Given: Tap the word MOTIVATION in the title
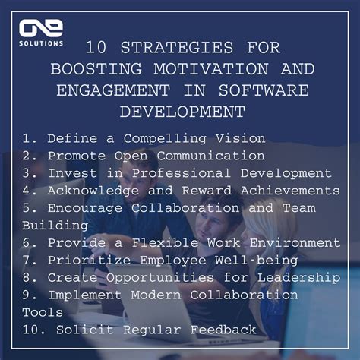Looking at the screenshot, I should click(195, 68).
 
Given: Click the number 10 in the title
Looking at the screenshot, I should click(96, 47).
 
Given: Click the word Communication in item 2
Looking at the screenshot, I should click(213, 156).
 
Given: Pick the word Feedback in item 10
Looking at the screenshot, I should click(223, 330).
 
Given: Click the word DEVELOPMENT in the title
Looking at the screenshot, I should click(182, 112).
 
